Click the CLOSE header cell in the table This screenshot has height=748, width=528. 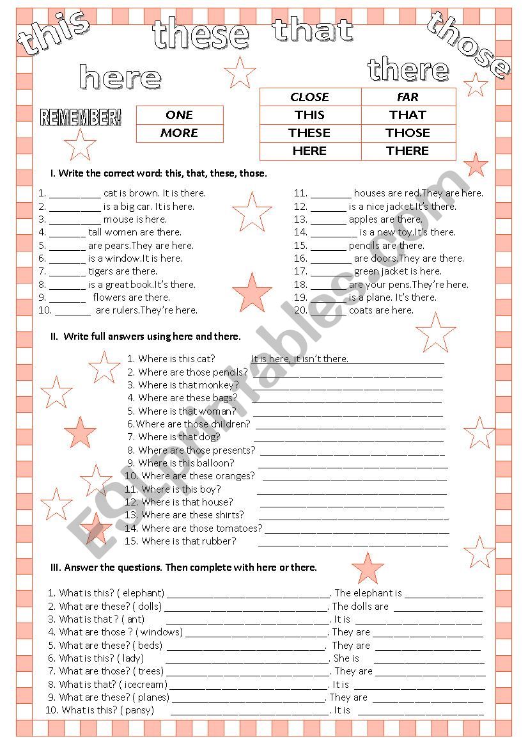click(309, 97)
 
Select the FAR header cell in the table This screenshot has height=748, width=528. click(408, 97)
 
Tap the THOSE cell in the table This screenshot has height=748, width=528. click(408, 133)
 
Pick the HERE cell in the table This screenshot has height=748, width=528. click(309, 151)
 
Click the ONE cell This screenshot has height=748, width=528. click(179, 115)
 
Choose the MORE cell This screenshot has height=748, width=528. click(179, 133)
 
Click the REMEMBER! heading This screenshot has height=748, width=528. click(81, 117)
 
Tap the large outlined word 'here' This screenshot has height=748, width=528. click(120, 77)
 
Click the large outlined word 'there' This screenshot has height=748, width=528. click(408, 69)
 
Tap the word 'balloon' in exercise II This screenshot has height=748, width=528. click(215, 463)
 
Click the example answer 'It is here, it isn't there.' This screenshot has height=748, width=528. click(300, 359)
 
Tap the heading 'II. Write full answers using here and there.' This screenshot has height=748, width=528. click(146, 337)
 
